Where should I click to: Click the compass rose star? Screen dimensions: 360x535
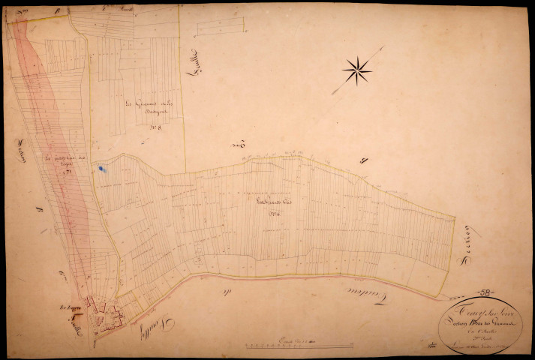click(x=357, y=71)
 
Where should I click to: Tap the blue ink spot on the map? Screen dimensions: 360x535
click(x=101, y=172)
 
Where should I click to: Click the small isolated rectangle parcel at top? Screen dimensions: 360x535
click(x=221, y=28)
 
